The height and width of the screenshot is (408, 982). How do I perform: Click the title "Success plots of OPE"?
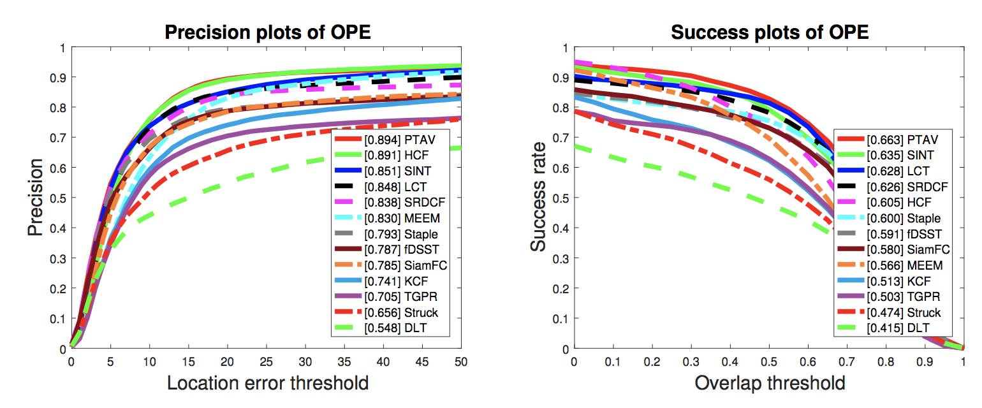coord(770,33)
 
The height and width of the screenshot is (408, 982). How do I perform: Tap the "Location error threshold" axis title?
coord(268,383)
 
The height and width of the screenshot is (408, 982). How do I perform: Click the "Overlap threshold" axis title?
coord(770,383)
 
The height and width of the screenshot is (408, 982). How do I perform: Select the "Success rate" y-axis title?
coord(539,197)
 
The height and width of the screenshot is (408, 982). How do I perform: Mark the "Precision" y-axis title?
coord(37,197)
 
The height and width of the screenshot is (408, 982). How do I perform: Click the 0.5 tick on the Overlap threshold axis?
coord(769,362)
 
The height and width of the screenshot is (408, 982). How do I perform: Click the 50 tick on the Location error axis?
coord(461,362)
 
